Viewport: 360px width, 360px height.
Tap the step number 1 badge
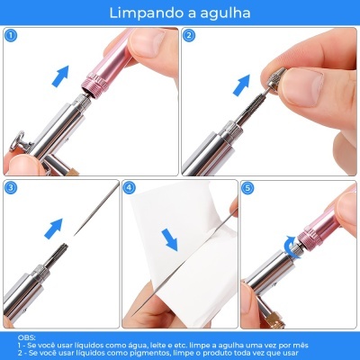11,36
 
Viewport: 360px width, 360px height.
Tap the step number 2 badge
190,36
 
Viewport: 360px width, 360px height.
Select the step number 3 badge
11,188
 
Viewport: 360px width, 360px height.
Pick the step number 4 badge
130,188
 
